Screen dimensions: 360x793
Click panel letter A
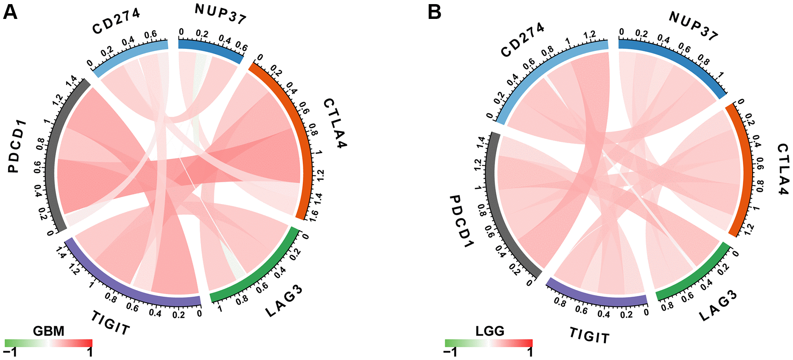(x=10, y=12)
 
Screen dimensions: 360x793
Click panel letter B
(x=435, y=12)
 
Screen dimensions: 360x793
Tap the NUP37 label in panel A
(x=221, y=14)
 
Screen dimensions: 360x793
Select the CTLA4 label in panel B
(x=783, y=169)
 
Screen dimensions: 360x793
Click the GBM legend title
(x=49, y=331)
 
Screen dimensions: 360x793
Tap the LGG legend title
(x=490, y=331)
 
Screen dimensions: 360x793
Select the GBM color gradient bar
(x=49, y=343)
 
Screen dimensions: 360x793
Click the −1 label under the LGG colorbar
(x=450, y=353)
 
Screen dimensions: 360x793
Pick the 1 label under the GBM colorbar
(x=90, y=353)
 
